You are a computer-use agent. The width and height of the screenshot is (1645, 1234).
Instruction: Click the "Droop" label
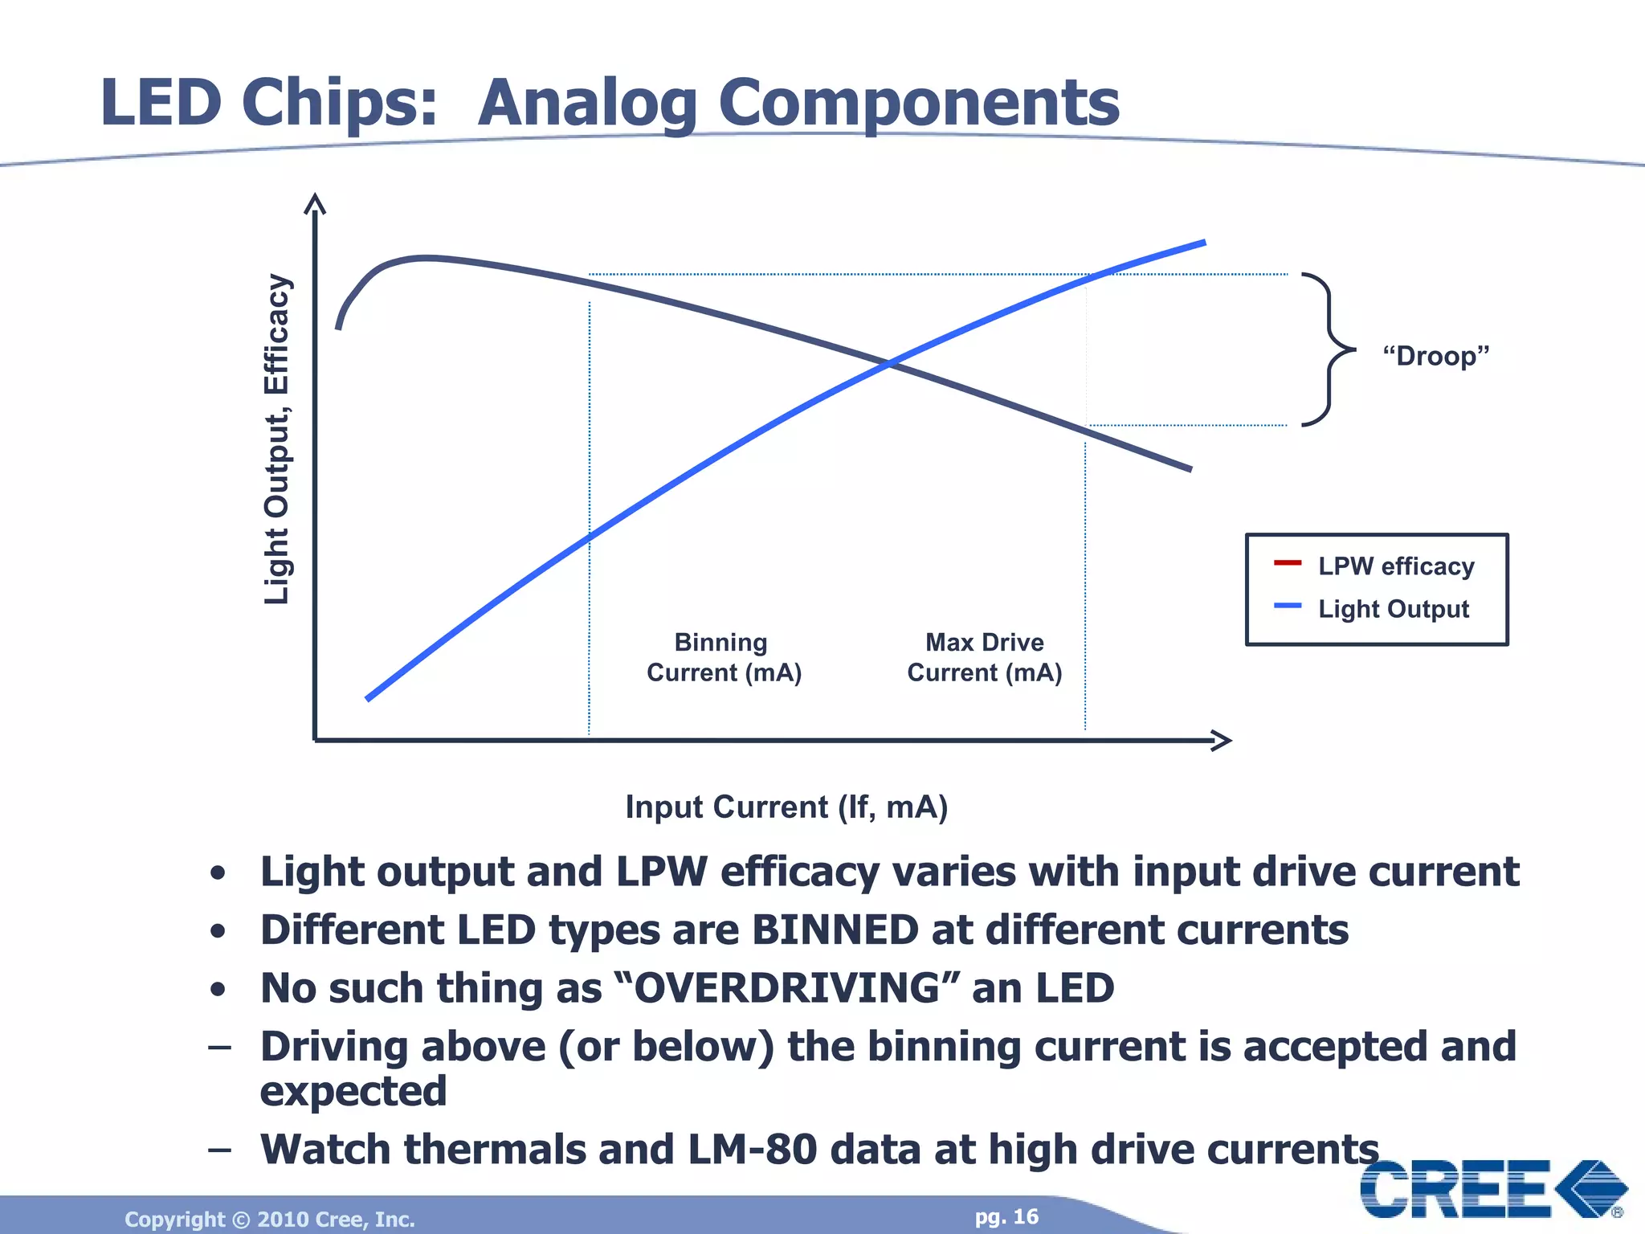(1435, 355)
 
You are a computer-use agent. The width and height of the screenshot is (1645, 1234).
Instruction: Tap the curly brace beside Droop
(1329, 349)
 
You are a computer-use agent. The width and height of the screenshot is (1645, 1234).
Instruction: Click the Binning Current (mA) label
(724, 657)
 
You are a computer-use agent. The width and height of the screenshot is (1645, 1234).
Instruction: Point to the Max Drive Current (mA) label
(984, 657)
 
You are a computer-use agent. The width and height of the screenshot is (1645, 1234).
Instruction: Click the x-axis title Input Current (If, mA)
(786, 807)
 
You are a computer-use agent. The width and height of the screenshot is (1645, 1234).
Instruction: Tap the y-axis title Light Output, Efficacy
(276, 439)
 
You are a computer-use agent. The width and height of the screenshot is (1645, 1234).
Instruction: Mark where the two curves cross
(890, 364)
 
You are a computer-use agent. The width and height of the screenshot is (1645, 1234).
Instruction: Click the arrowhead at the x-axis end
(1222, 740)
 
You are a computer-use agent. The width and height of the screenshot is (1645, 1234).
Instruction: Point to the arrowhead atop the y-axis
(315, 204)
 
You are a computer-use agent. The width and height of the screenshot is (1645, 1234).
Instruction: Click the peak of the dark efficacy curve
(426, 258)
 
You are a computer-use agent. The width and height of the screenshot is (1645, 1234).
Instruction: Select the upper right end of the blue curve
(1202, 243)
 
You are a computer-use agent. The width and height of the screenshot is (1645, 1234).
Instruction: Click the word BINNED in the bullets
(835, 930)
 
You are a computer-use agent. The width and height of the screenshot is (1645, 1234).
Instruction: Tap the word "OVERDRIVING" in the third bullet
(786, 988)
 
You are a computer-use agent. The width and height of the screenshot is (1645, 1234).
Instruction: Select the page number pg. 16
(1006, 1217)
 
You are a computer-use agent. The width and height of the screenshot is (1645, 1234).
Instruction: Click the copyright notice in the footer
(270, 1220)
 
